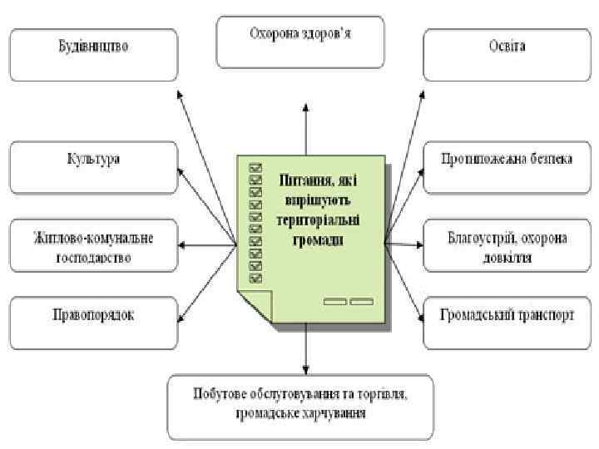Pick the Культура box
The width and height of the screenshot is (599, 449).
pos(93,166)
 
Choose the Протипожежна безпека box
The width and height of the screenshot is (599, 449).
pos(506,166)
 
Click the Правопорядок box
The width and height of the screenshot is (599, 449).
pos(93,323)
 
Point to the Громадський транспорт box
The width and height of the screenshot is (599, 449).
pos(506,323)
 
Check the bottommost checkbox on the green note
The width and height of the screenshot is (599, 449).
pos(255,278)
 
